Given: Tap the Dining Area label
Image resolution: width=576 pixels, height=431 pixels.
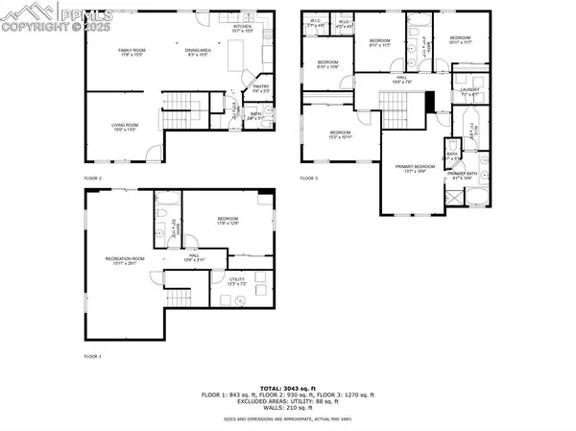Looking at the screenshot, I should click(197, 52).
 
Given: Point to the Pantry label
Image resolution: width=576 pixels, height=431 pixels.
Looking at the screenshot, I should click(260, 88).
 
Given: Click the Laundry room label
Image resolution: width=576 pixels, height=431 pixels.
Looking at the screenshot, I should click(469, 92).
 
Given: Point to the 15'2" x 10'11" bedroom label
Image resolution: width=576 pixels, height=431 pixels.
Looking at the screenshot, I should click(342, 133).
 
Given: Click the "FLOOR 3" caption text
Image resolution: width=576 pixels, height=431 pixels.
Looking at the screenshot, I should click(308, 179).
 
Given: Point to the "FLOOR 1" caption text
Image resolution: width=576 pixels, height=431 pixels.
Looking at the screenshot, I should click(93, 356).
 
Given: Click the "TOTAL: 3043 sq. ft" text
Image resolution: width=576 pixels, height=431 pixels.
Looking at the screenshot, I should click(287, 387).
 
